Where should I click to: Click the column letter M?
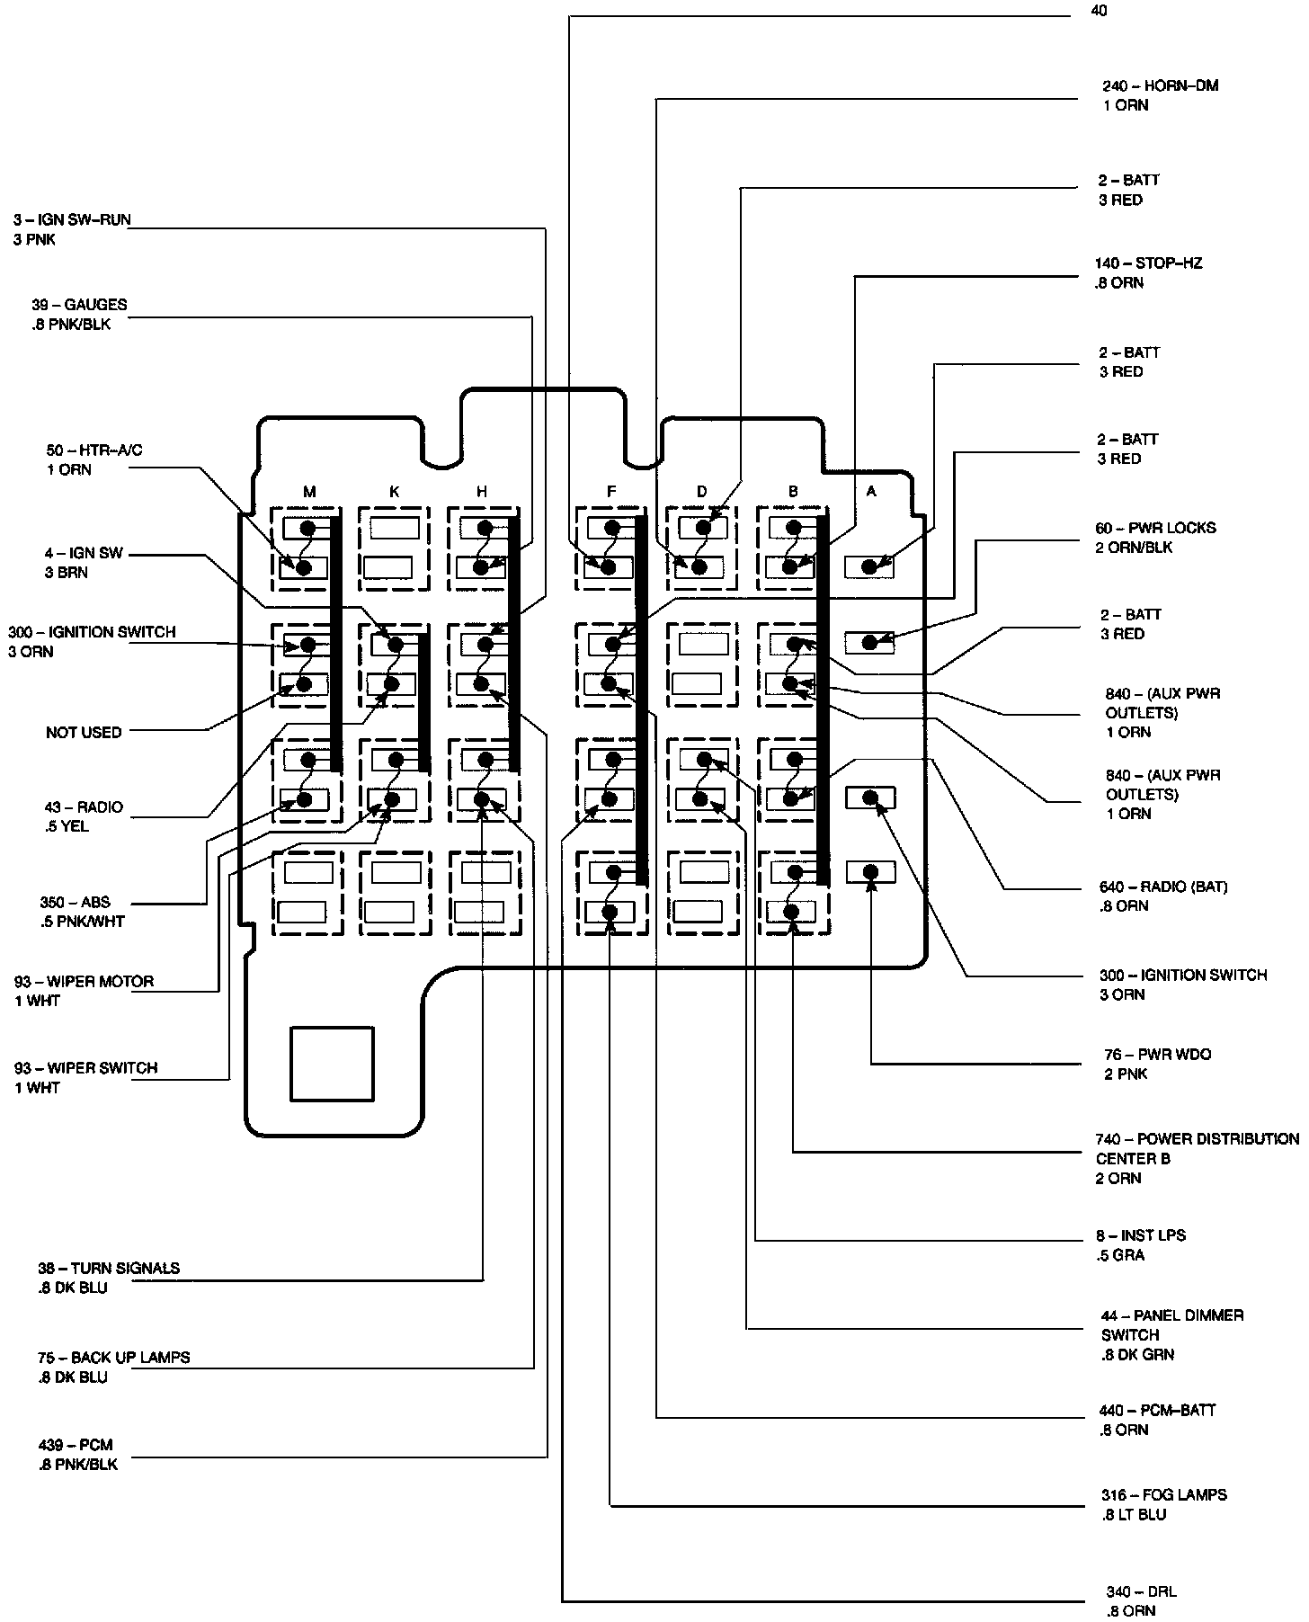point(309,492)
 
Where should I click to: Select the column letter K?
point(394,492)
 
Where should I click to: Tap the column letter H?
point(482,492)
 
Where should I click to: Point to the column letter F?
point(611,492)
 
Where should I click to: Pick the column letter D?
point(701,492)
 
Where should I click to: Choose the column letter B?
point(792,492)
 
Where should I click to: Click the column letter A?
point(870,492)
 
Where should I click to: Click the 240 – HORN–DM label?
point(1161,86)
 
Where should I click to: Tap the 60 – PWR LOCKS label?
point(1155,528)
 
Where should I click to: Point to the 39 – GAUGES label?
point(79,305)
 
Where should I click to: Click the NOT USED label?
point(84,733)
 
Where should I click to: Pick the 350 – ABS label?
point(75,903)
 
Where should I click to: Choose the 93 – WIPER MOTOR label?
point(84,982)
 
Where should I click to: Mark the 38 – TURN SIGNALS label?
point(108,1269)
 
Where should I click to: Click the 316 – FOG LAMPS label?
point(1162,1495)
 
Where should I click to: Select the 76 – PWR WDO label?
point(1157,1055)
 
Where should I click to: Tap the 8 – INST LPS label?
point(1141,1236)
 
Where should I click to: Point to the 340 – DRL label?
point(1141,1591)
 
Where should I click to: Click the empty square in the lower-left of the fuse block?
point(332,1065)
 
